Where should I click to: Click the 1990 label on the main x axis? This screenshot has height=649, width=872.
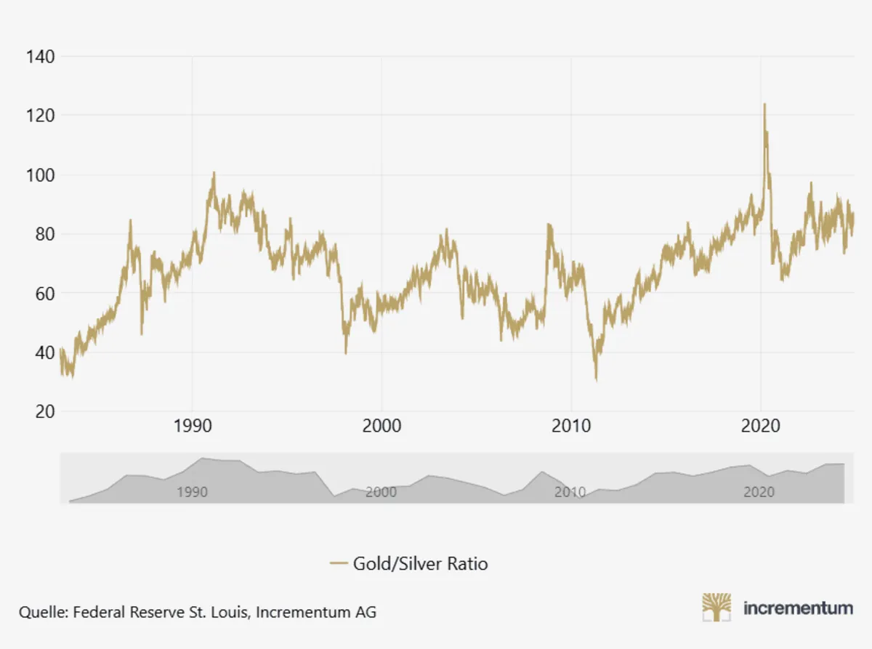click(x=193, y=426)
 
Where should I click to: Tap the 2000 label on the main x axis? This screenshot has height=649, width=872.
click(x=381, y=426)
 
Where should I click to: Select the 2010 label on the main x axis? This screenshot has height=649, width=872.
click(x=571, y=426)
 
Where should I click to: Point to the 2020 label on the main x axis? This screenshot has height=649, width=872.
click(x=760, y=426)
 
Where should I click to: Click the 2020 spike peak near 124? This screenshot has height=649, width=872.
click(x=764, y=104)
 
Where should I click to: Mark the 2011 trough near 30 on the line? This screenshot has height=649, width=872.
click(x=596, y=379)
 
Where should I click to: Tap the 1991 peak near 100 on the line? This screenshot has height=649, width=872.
click(x=214, y=173)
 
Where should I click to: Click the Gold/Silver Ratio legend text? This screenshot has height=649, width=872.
click(x=420, y=563)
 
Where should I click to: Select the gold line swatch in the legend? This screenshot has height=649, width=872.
click(x=339, y=563)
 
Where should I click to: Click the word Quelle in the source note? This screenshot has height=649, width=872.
click(x=41, y=612)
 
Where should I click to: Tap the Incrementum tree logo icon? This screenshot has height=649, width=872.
click(x=716, y=608)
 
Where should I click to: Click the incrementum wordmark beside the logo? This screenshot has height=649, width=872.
click(x=797, y=608)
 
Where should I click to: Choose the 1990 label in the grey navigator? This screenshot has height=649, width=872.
click(x=192, y=492)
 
